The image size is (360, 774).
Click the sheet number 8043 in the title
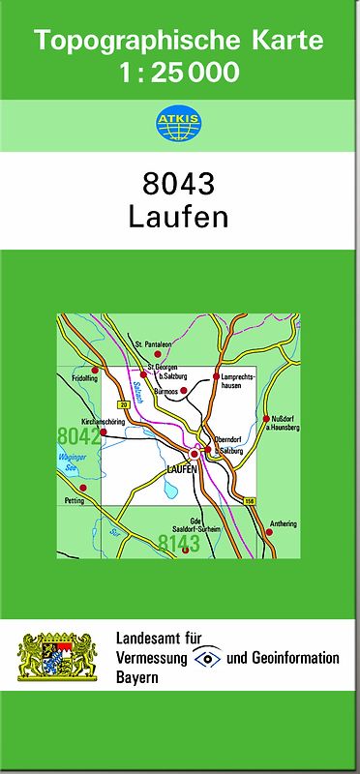click(x=179, y=184)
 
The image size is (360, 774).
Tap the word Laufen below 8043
click(x=179, y=216)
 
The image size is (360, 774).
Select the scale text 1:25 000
click(x=179, y=73)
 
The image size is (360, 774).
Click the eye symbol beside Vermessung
click(x=207, y=658)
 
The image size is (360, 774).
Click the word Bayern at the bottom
click(x=136, y=677)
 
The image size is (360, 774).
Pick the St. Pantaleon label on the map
click(x=153, y=344)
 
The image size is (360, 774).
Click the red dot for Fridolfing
click(x=95, y=370)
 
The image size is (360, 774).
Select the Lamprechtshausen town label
click(x=237, y=380)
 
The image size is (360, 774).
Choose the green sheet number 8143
click(x=179, y=543)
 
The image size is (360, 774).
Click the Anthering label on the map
click(x=283, y=523)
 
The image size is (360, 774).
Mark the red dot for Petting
click(x=82, y=488)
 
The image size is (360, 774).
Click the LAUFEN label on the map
click(x=181, y=469)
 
